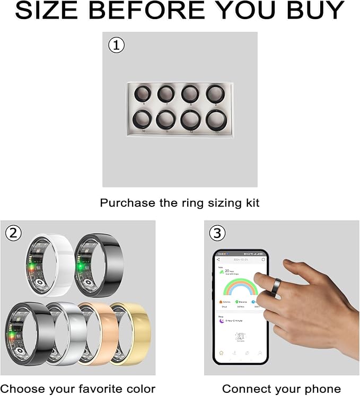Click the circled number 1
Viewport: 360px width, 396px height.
(116, 45)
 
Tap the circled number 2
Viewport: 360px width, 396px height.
(13, 233)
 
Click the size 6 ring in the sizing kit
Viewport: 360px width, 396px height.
(142, 94)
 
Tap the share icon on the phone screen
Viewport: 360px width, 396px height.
(219, 260)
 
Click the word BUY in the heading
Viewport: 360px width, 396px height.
(313, 11)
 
